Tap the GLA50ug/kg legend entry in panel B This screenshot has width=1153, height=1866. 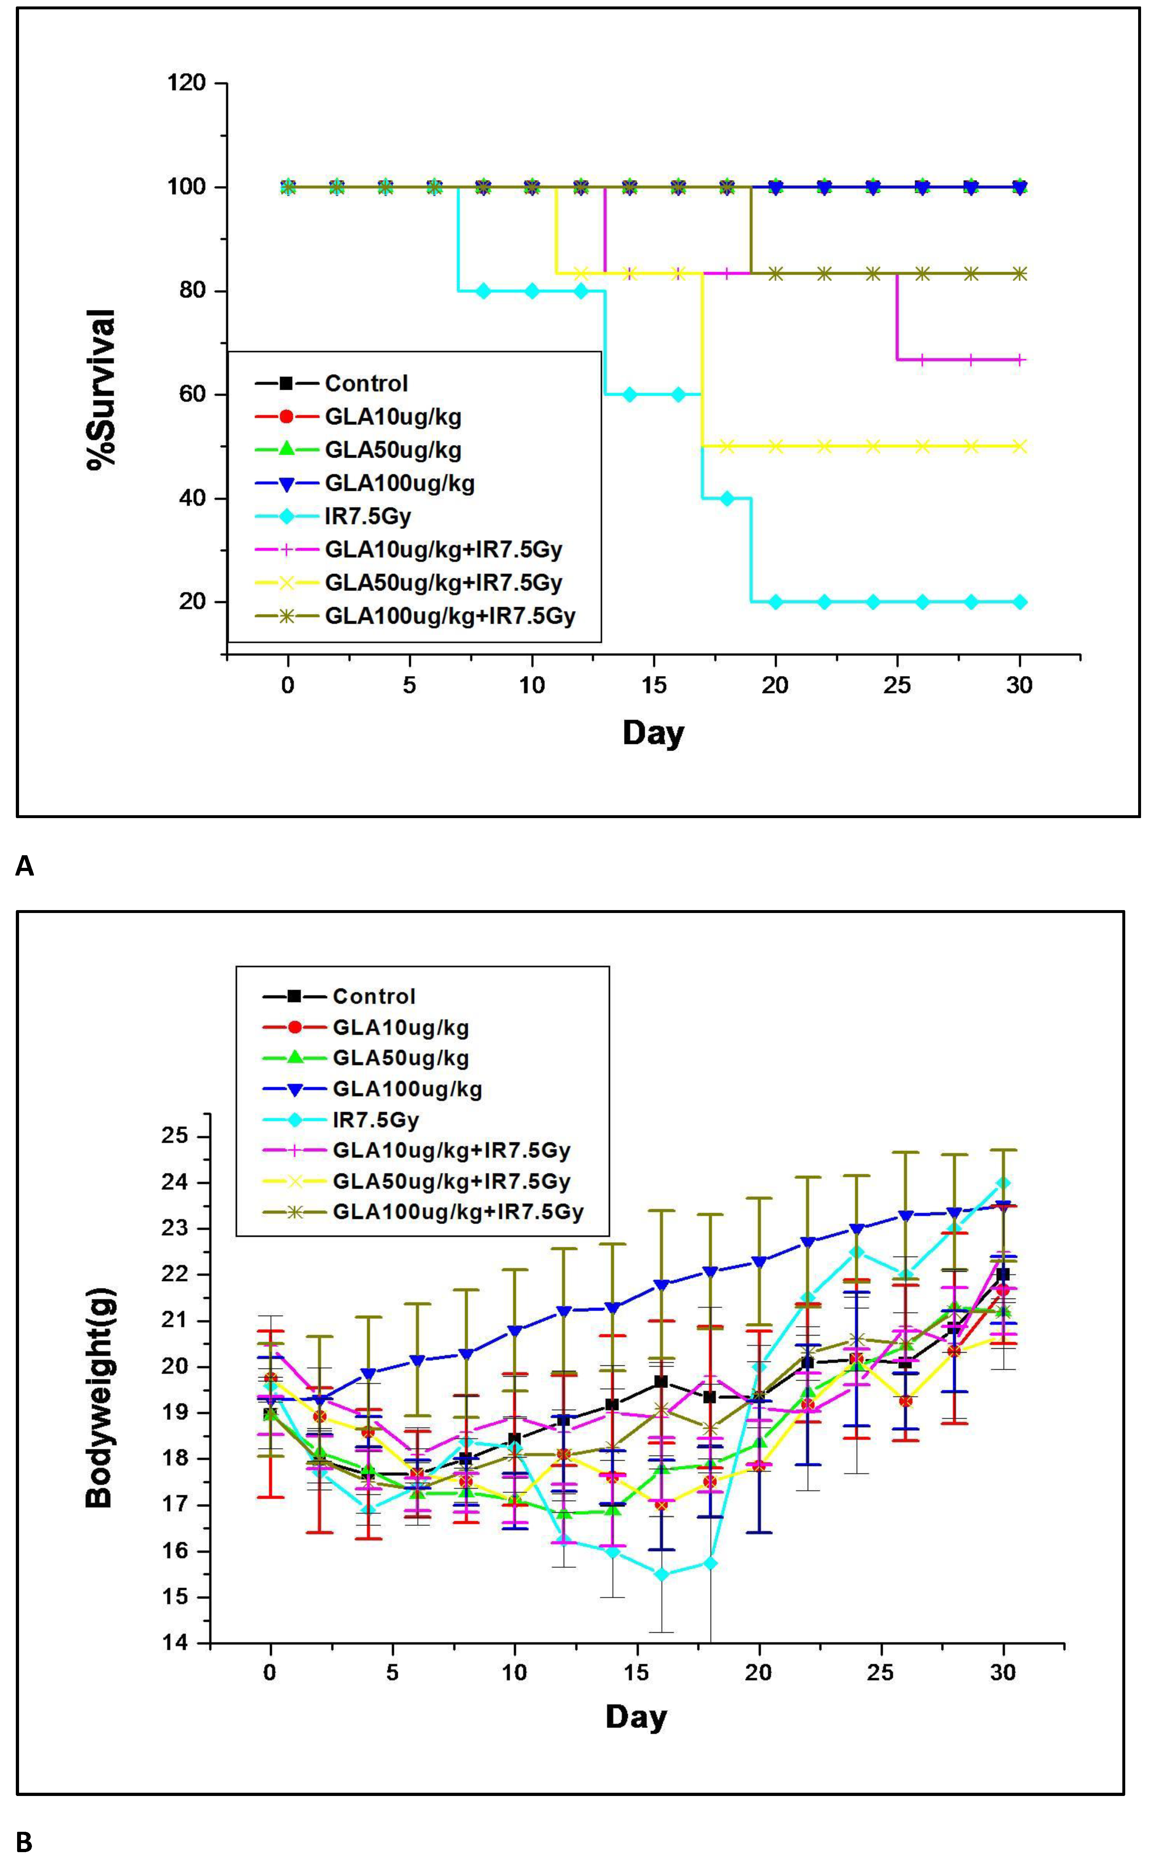tap(400, 1058)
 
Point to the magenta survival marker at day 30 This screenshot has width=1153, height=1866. tap(1020, 360)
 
